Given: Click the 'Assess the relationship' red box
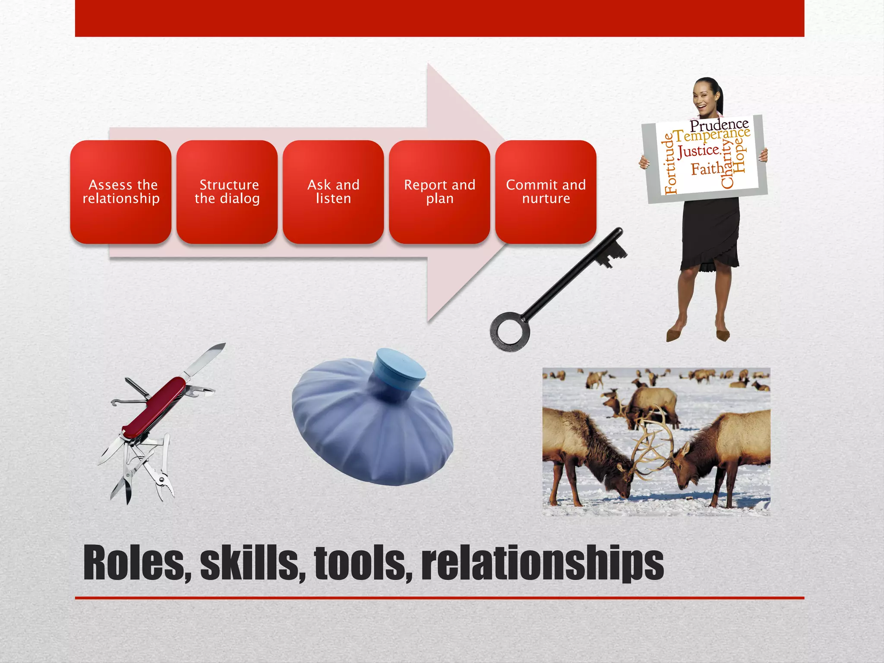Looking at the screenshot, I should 121,192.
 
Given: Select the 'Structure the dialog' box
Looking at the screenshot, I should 227,192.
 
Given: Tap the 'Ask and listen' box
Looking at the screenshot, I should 333,192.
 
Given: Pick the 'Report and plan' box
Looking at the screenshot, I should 439,192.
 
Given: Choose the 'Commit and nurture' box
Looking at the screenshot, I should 546,192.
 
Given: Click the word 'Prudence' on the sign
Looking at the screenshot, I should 719,125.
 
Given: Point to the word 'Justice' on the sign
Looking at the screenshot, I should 698,151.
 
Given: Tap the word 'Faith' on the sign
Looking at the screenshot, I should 707,169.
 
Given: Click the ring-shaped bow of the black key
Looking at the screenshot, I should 510,332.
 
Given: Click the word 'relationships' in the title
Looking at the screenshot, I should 542,563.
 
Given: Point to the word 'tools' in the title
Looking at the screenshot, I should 363,563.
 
